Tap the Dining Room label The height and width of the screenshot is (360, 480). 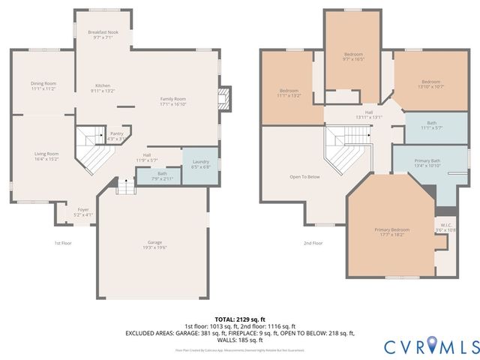point(43,85)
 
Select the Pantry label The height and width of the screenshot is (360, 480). point(116,136)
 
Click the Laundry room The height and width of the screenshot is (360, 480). point(200,164)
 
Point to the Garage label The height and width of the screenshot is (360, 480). point(154,246)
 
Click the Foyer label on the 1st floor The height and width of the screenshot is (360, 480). point(82,212)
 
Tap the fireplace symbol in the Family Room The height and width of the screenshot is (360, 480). point(221,97)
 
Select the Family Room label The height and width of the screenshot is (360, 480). point(173,102)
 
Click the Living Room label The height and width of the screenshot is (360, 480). point(46,156)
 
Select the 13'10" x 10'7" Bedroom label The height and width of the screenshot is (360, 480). point(430,84)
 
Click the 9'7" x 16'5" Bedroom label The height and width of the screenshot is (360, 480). point(353,57)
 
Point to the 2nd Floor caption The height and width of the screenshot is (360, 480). point(313,243)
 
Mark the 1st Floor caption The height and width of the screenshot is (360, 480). point(63,243)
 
